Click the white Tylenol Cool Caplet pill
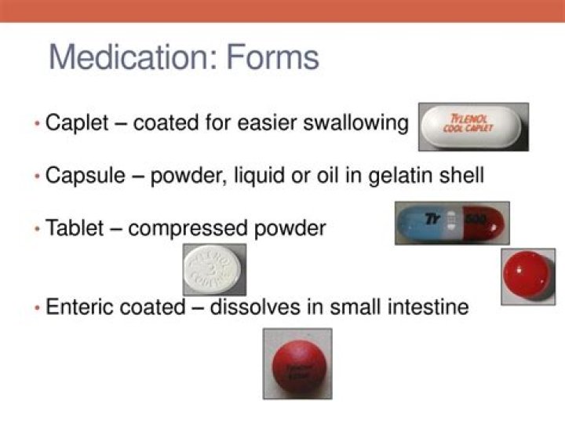click(473, 126)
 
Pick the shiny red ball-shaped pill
click(527, 276)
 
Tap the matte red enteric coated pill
click(297, 363)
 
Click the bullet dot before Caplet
click(36, 124)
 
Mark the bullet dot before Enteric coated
click(36, 307)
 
